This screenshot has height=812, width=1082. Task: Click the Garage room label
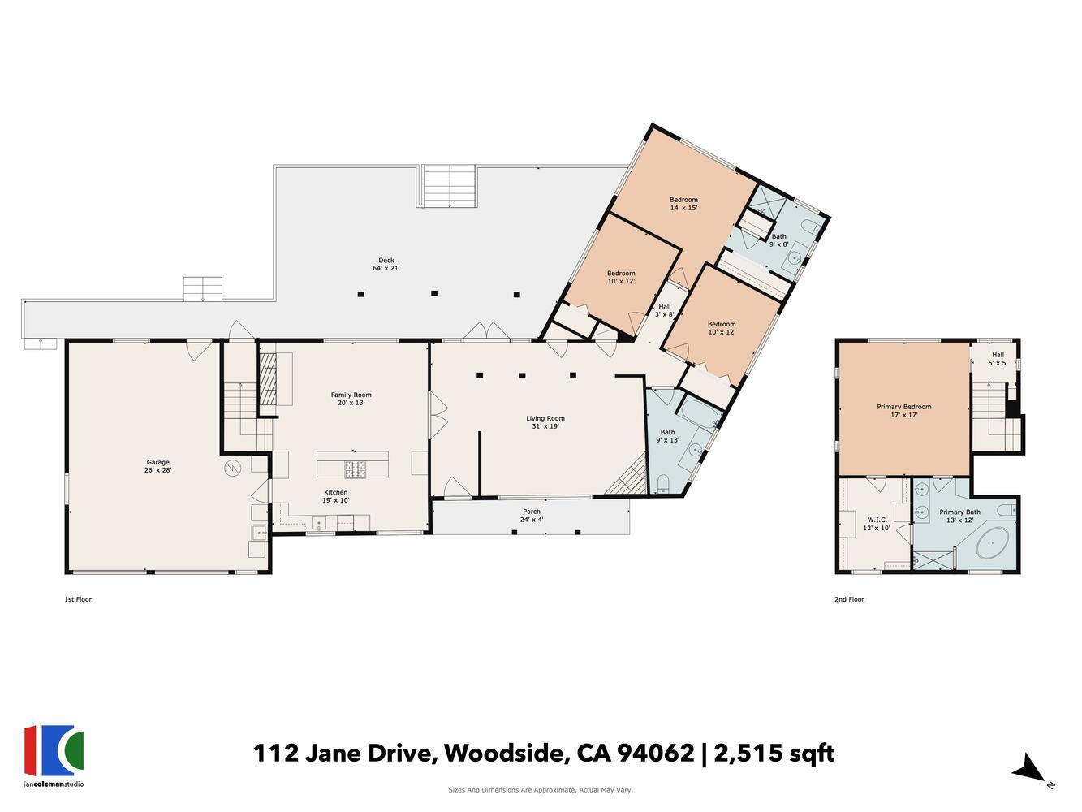[157, 466]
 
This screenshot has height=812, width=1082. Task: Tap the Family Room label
[351, 399]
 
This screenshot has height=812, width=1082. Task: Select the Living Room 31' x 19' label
[545, 422]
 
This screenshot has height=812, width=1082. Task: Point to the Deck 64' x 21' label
[386, 264]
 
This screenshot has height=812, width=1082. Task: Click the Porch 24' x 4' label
[532, 516]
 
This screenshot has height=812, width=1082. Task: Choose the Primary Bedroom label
[903, 410]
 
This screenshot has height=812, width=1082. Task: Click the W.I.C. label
[876, 524]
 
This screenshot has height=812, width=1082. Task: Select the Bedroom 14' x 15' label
[683, 204]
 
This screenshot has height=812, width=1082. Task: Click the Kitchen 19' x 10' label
[336, 496]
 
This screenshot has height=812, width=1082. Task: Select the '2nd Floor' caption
[849, 600]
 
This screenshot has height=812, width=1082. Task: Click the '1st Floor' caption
[78, 600]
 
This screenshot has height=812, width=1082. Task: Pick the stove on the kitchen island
[356, 467]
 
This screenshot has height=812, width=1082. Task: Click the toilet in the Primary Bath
[1005, 510]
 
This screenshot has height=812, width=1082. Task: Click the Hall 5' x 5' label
[997, 359]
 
